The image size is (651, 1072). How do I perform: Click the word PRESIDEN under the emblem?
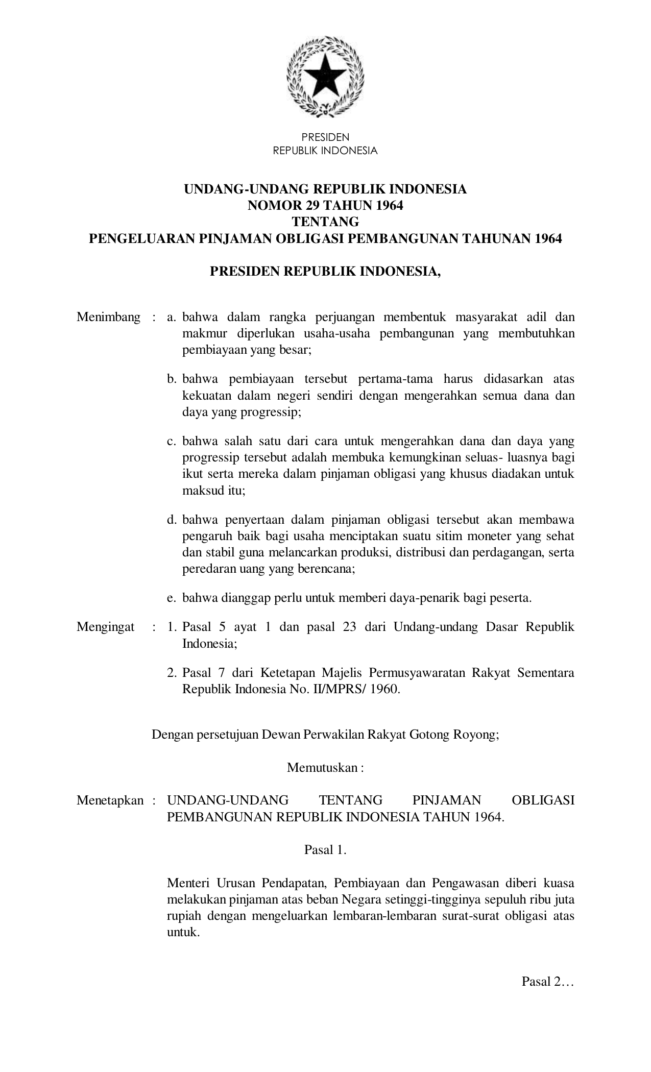coord(325,137)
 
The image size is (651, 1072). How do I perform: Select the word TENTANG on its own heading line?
coord(325,222)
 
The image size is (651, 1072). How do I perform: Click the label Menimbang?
coord(108,318)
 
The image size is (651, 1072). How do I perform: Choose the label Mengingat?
coord(106,627)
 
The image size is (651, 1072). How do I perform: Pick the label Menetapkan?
coord(110,800)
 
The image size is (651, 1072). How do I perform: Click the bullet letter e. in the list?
coord(172,598)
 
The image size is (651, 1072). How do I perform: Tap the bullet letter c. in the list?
coord(172,441)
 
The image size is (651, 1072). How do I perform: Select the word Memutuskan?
coord(322,768)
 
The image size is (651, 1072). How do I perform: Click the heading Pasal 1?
coord(325,850)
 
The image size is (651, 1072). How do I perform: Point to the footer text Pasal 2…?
coord(548,982)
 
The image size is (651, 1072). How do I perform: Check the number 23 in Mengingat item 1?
coord(349,627)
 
